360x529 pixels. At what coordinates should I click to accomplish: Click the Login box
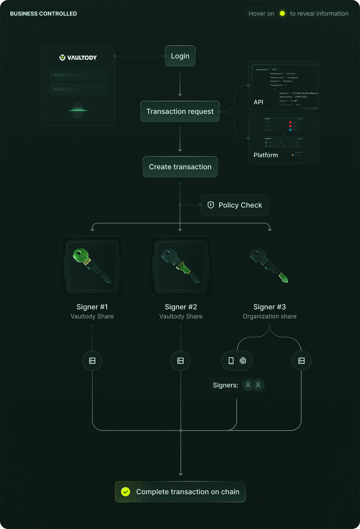(180, 56)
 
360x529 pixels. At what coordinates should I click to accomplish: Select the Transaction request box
(180, 112)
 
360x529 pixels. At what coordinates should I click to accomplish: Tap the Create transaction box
(180, 167)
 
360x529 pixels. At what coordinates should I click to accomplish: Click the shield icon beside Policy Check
(211, 205)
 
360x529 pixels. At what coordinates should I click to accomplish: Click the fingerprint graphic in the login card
(78, 111)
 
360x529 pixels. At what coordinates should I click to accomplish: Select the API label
(258, 102)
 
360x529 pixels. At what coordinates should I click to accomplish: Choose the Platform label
(266, 155)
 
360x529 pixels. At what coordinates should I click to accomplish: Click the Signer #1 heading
(92, 307)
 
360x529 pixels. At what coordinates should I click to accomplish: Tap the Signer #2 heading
(181, 307)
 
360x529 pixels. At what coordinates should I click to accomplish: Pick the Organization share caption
(270, 316)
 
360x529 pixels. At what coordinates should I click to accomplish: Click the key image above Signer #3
(269, 265)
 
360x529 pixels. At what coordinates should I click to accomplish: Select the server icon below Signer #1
(92, 361)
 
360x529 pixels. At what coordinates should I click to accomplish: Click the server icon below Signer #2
(181, 361)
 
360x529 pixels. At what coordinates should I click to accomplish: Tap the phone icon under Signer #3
(231, 361)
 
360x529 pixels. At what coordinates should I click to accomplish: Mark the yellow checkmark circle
(125, 492)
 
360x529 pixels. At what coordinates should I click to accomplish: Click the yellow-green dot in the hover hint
(282, 13)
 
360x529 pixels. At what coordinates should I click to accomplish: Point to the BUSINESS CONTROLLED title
(43, 14)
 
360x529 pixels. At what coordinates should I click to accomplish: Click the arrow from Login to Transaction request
(180, 84)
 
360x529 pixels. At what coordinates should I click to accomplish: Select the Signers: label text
(226, 385)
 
